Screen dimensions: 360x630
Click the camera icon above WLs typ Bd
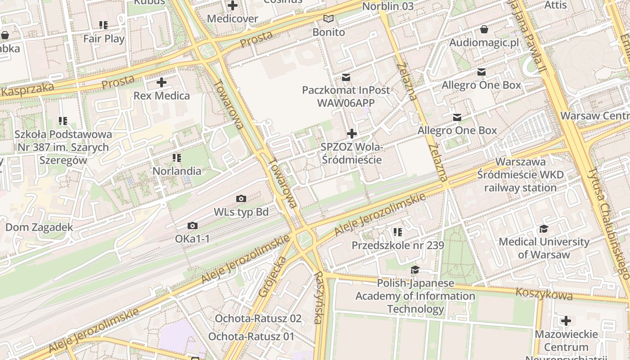click(241, 199)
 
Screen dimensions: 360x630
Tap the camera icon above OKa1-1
click(193, 226)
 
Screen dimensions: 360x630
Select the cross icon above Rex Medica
click(162, 82)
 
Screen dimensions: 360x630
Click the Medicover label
click(232, 19)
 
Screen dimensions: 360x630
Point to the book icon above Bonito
click(329, 19)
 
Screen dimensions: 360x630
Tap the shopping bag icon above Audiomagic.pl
click(484, 30)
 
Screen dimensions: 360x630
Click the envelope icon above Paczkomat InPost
click(346, 77)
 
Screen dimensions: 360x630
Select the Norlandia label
click(177, 171)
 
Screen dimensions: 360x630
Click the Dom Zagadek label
click(39, 227)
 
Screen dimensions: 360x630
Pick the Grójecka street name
click(273, 277)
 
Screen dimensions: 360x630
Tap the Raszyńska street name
click(319, 297)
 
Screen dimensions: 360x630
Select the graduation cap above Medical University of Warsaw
click(544, 229)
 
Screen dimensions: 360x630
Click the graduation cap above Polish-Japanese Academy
click(415, 270)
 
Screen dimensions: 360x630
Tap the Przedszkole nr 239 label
click(397, 245)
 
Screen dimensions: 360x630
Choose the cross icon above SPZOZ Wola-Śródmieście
click(352, 134)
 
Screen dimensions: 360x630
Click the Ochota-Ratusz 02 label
click(258, 319)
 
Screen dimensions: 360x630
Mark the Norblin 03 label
click(387, 6)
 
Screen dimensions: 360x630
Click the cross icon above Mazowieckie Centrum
click(566, 321)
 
